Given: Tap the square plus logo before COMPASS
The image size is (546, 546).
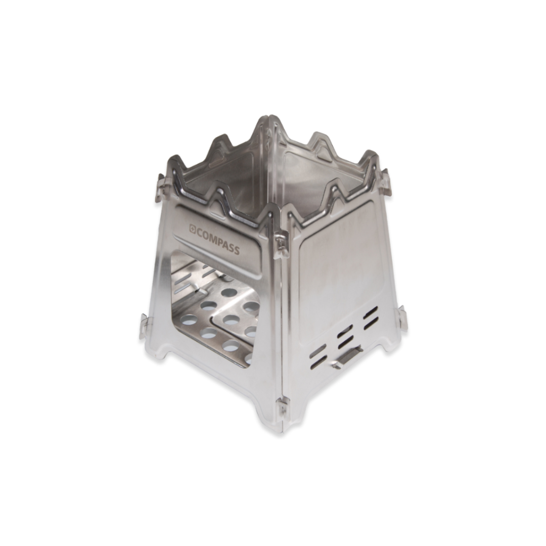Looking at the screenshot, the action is click(x=192, y=228).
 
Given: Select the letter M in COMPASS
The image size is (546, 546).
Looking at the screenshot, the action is click(x=213, y=237).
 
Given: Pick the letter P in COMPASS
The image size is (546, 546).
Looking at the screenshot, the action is click(x=220, y=241).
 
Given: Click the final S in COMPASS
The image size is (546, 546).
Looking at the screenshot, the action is click(x=237, y=249).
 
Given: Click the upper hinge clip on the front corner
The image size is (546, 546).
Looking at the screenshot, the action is click(x=281, y=245).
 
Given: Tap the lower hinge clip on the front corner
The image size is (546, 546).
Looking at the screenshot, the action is click(x=283, y=407).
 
